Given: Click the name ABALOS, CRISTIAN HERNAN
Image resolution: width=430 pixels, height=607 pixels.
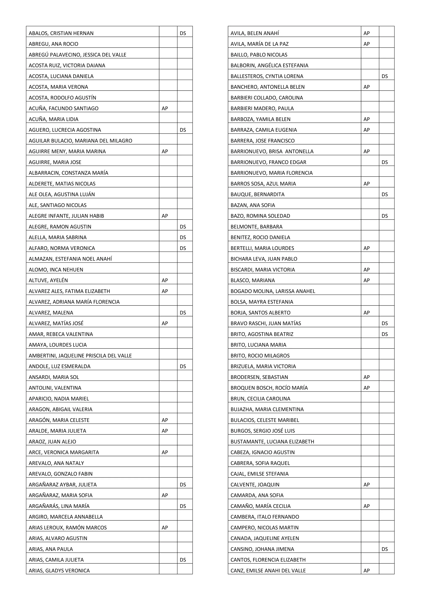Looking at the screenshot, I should (61, 33).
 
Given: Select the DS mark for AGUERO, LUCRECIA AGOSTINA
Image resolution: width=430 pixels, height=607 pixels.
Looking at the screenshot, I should (183, 130).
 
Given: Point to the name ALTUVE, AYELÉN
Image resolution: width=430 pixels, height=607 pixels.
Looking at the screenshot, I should (48, 281).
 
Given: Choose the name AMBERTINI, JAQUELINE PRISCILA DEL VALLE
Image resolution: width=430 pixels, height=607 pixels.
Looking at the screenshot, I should (80, 356).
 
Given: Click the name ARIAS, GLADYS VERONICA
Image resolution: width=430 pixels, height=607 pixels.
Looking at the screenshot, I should (59, 571).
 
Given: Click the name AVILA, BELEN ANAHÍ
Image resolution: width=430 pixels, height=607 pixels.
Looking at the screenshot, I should (254, 33).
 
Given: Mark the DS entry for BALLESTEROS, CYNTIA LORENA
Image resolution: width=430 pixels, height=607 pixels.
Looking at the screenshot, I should (384, 76).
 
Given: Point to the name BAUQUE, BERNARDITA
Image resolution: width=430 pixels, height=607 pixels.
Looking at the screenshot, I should (257, 195).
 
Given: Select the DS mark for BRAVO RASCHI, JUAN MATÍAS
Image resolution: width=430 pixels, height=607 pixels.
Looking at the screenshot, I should (384, 324).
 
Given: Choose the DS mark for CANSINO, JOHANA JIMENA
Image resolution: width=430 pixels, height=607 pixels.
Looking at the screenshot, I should (384, 549).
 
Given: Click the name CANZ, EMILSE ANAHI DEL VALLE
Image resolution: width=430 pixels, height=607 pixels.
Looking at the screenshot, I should (268, 571).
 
